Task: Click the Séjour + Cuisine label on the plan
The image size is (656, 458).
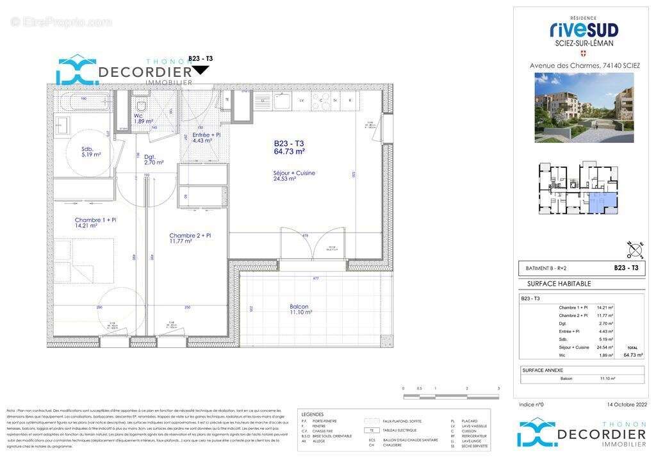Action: point(293,176)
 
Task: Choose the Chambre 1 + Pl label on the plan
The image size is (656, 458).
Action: point(95,222)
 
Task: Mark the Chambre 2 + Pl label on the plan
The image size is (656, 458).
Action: point(190,238)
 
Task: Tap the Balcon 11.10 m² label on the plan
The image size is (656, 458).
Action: point(299,309)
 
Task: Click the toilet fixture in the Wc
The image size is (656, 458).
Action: point(142,105)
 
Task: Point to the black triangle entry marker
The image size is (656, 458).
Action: point(201,70)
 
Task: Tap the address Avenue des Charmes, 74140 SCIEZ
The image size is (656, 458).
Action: point(584,65)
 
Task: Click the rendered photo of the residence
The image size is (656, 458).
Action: point(584,107)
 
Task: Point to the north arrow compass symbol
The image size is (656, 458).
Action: point(634,249)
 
